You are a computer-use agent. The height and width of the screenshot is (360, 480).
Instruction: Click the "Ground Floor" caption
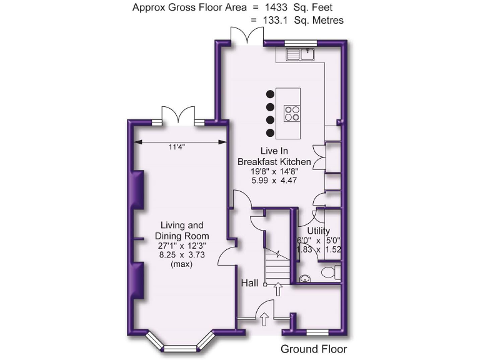coord(314,349)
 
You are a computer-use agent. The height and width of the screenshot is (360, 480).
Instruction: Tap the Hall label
coord(250,284)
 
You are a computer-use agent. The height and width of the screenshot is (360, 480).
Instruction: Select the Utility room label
coord(318,231)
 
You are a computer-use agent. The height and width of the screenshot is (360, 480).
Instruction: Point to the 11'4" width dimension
coord(176,147)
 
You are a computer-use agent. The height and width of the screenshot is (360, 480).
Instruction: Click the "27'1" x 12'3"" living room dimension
coord(182,246)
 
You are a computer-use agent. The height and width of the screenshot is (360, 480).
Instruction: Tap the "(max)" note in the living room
coord(182,264)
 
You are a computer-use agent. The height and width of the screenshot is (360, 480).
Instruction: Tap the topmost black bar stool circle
coord(270,94)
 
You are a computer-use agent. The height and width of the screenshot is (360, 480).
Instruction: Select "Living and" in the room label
coord(182,226)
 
